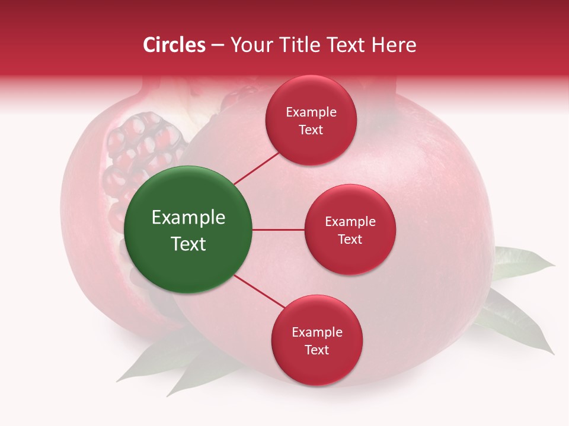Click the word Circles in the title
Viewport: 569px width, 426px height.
coord(174,45)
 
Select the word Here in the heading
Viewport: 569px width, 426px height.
coord(394,45)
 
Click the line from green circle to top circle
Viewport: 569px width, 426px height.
coord(257,167)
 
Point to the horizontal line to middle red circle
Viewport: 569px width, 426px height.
coord(278,230)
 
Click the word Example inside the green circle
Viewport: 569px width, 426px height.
coord(188,218)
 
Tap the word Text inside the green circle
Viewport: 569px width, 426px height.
coord(188,244)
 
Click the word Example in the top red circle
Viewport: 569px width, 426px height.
coord(311,112)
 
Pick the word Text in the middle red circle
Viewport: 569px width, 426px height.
coord(350,240)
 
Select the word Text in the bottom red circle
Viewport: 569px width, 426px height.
coord(317,350)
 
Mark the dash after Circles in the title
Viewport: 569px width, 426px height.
coord(218,45)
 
